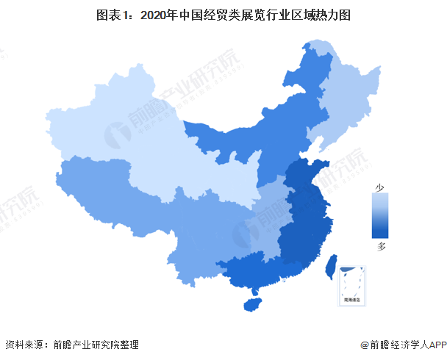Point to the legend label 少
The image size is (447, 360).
click(x=381, y=187)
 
